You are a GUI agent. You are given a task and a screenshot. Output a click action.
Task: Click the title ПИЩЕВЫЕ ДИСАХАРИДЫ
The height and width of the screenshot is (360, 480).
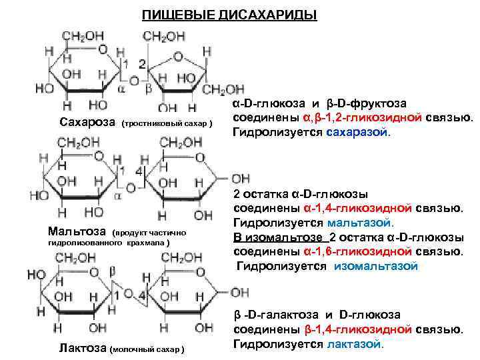coord(229,14)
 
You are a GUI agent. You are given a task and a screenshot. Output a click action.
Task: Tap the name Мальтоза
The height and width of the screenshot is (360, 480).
coord(77,231)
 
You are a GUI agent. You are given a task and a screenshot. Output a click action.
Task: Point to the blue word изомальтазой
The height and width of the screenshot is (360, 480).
coord(376,266)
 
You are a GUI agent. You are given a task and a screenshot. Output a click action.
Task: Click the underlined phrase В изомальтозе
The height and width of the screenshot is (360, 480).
coord(275,237)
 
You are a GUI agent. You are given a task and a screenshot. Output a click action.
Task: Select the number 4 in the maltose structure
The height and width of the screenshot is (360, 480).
coord(139,171)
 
